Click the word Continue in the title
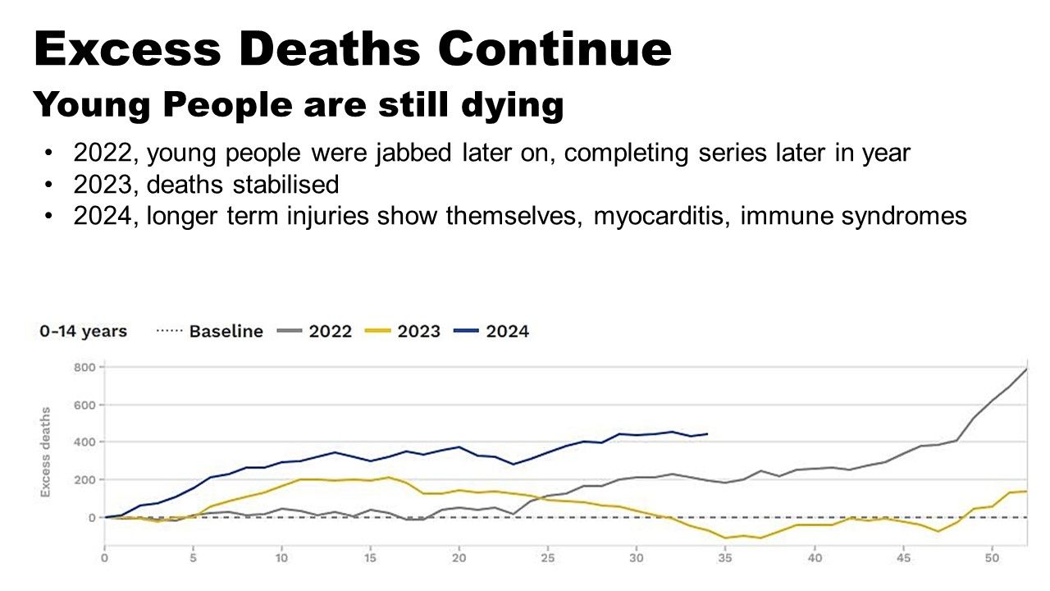(555, 49)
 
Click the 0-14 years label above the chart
(83, 332)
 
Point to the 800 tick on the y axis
(84, 367)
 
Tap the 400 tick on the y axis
(84, 442)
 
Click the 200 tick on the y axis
(84, 479)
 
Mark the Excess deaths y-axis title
(46, 451)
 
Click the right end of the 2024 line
(707, 433)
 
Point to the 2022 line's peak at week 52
(1026, 369)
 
